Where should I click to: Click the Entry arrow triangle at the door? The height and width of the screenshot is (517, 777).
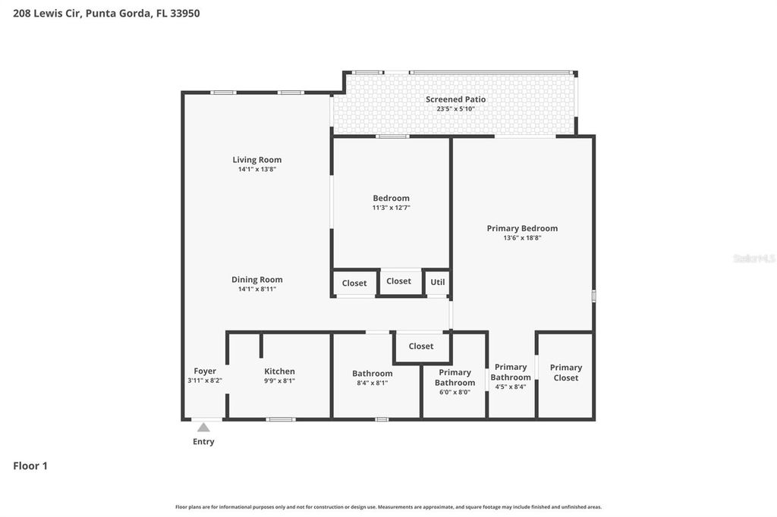click(x=203, y=428)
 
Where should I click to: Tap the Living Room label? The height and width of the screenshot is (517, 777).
click(x=256, y=160)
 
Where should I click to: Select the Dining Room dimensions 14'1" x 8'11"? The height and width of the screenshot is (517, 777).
click(x=256, y=289)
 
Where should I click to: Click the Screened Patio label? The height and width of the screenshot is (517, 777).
click(x=455, y=99)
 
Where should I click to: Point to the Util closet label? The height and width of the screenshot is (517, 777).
click(x=438, y=283)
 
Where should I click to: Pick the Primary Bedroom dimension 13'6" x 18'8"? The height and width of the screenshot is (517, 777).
click(x=522, y=237)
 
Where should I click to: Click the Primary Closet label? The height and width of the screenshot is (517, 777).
click(x=565, y=372)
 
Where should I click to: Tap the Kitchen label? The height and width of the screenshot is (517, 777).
click(x=279, y=371)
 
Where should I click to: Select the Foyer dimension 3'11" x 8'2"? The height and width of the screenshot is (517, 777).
click(x=205, y=381)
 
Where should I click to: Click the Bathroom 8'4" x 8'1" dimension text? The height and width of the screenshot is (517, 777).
click(x=372, y=383)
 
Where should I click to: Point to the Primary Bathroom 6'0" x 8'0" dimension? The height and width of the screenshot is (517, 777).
click(x=455, y=392)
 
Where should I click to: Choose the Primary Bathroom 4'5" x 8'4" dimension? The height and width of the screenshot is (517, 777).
click(x=510, y=387)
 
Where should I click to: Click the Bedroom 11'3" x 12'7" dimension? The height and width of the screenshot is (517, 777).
click(x=391, y=208)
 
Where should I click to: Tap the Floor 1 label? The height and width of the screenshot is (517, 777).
click(x=30, y=466)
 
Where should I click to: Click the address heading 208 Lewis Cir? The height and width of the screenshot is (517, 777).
click(x=106, y=13)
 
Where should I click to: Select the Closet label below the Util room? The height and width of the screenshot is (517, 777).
click(x=421, y=346)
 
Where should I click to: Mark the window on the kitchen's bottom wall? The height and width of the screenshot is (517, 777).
click(x=281, y=419)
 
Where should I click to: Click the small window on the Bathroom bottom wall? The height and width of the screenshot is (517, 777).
click(x=382, y=419)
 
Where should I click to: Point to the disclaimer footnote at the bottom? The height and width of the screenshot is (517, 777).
click(x=388, y=506)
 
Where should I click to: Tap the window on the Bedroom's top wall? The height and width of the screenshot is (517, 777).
click(x=393, y=136)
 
